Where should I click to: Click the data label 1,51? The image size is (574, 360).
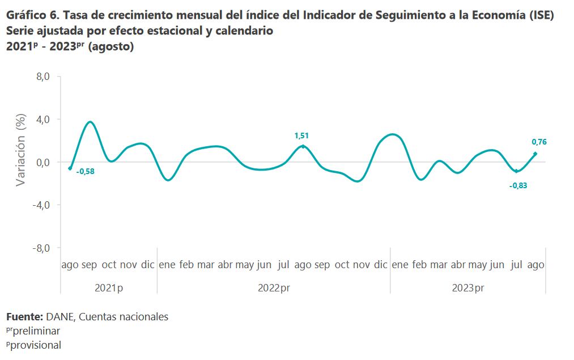coord(301,135)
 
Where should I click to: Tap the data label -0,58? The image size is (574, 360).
coord(85,171)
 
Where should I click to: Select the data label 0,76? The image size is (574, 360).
coord(539,142)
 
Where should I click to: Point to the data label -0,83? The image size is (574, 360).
coord(518,185)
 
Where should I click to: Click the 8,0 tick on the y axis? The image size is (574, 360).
coord(44,77)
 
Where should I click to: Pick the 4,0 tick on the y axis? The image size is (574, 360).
coord(44,120)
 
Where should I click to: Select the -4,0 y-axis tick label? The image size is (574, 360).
coord(42,205)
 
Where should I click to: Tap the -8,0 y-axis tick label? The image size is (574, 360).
coord(42,248)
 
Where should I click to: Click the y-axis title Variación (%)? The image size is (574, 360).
coord(21,150)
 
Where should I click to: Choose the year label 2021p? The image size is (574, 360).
coord(109,288)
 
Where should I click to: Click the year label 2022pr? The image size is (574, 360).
coord(274,288)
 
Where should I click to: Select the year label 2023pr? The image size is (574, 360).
coord(467,288)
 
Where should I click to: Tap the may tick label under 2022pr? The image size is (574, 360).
coord(244,265)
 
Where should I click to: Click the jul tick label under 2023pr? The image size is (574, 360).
coord(517,265)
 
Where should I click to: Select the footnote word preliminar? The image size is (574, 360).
coord(36,331)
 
